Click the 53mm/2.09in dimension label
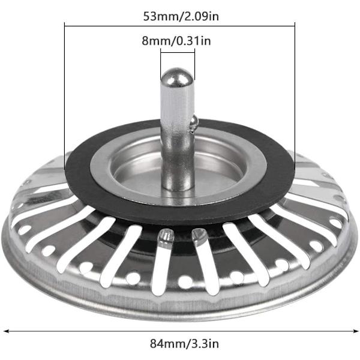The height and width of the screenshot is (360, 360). [x=181, y=17]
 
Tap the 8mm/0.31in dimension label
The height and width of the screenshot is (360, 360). [x=176, y=41]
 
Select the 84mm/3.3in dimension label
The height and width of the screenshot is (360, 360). [x=184, y=344]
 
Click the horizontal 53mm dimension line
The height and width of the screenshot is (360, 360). [x=179, y=26]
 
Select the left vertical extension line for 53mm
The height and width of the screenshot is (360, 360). [x=65, y=96]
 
